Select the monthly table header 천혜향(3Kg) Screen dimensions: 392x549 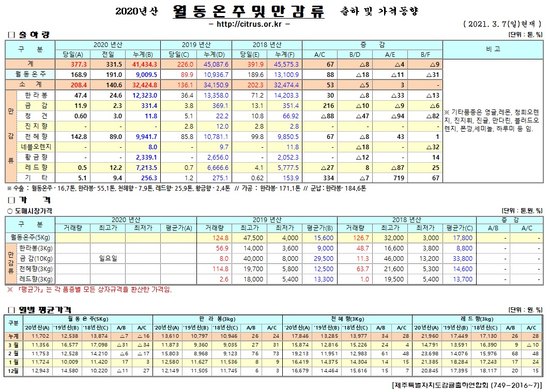(x=346, y=319)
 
